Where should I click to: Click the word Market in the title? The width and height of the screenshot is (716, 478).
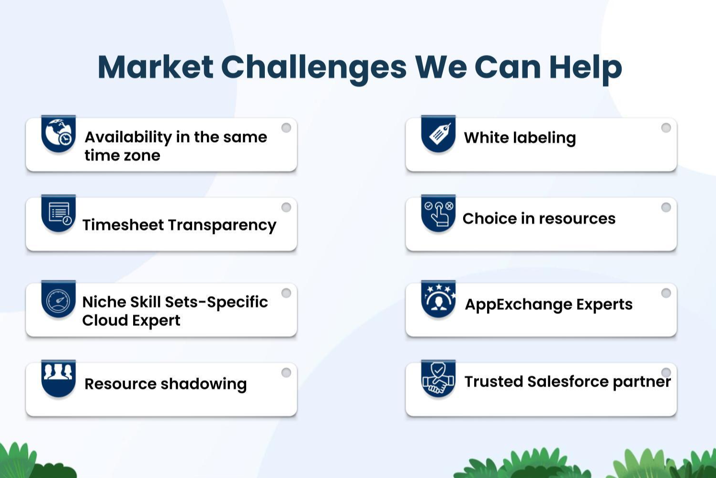click(x=155, y=67)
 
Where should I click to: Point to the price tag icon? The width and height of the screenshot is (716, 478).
click(x=440, y=133)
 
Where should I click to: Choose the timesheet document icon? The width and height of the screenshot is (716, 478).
click(x=60, y=213)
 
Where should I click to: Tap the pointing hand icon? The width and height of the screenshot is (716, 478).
click(x=439, y=213)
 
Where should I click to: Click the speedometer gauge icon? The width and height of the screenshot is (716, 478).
click(x=58, y=300)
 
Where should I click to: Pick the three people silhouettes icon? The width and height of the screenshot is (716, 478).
click(x=58, y=371)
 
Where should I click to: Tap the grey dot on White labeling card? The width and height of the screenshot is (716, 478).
click(x=666, y=128)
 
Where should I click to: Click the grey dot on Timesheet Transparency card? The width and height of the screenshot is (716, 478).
click(x=286, y=207)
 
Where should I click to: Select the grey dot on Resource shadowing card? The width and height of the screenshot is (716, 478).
click(x=286, y=372)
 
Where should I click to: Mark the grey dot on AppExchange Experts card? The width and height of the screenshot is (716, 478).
click(x=666, y=293)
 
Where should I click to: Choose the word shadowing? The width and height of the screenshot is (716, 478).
click(x=204, y=384)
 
